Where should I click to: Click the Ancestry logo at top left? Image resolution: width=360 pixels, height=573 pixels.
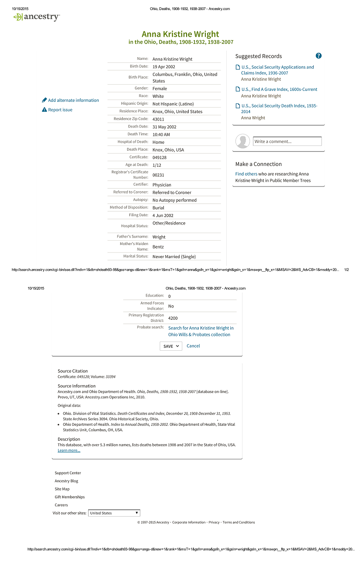pyautogui.click(x=36, y=17)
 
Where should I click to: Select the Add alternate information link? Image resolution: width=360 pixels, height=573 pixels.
pyautogui.click(x=73, y=100)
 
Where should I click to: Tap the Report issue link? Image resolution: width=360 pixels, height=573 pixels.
pyautogui.click(x=60, y=110)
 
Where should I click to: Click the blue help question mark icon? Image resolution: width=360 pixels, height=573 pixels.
pyautogui.click(x=318, y=56)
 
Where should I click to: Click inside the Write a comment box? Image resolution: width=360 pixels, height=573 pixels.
pyautogui.click(x=287, y=142)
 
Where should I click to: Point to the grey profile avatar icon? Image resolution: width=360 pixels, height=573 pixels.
pyautogui.click(x=242, y=142)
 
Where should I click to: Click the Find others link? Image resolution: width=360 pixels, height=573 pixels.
pyautogui.click(x=246, y=174)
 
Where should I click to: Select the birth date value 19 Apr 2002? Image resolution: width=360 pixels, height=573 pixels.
pyautogui.click(x=164, y=67)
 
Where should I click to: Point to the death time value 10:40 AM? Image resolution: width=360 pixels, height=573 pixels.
pyautogui.click(x=161, y=135)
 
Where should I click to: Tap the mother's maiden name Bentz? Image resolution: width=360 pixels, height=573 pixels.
pyautogui.click(x=158, y=247)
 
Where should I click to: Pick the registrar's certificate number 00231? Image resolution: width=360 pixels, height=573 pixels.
pyautogui.click(x=158, y=175)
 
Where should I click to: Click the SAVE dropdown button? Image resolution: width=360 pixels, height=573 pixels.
pyautogui.click(x=170, y=346)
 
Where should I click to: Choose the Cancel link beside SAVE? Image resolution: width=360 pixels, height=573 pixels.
pyautogui.click(x=193, y=346)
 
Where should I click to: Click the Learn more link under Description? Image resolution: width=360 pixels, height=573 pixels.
pyautogui.click(x=69, y=451)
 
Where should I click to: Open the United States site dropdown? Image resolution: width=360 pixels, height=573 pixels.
pyautogui.click(x=114, y=513)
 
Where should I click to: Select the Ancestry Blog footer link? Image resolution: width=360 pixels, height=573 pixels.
pyautogui.click(x=66, y=481)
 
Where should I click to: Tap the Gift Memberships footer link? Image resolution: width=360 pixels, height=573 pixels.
pyautogui.click(x=70, y=497)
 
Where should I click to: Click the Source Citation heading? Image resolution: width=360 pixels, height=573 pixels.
pyautogui.click(x=73, y=371)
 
